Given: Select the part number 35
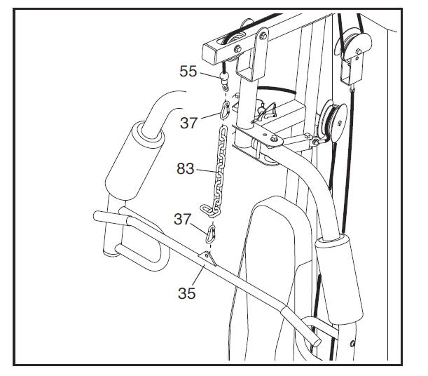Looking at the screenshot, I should click(186, 293).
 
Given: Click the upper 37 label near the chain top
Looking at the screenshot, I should click(188, 123).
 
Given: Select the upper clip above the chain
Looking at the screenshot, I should click(226, 109).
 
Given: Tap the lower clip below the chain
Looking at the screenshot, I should click(211, 231).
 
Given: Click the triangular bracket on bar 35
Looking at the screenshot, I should click(207, 258).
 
